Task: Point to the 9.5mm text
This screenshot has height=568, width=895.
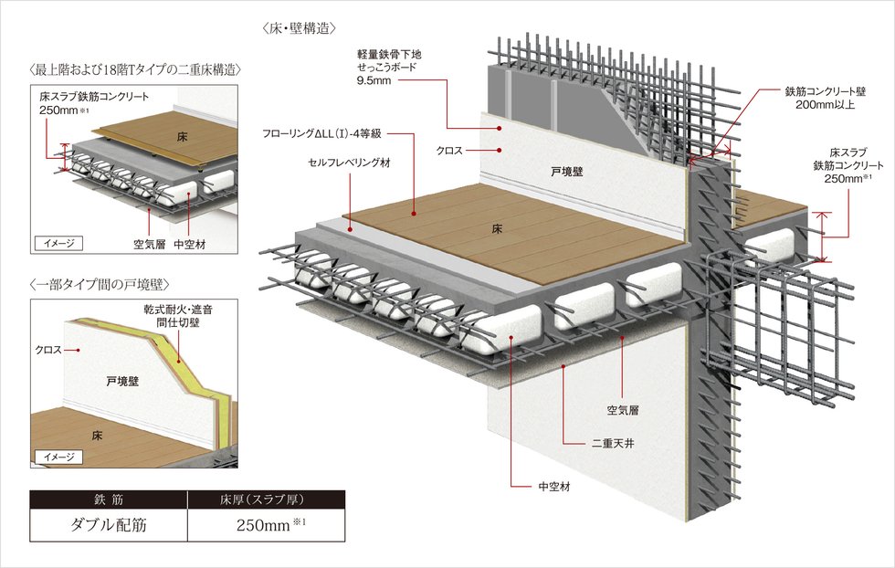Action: pos(375,81)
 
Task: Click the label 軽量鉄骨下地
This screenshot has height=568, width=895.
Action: pos(392,55)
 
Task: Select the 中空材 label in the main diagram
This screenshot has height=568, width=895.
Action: pos(553,488)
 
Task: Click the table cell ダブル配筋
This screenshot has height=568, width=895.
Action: pos(109,525)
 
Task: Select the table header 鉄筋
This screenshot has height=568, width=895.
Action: pos(109,499)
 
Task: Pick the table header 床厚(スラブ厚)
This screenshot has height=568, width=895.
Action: pos(266,499)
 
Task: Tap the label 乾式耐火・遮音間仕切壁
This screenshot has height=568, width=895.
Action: pos(175,316)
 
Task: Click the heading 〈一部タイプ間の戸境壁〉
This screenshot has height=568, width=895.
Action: pos(100,283)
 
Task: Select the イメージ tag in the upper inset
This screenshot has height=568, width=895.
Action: pos(58,243)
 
